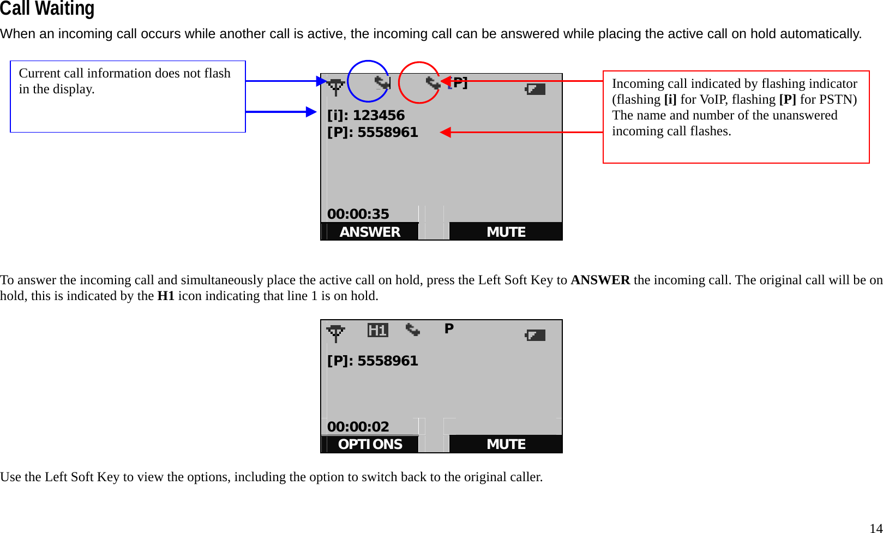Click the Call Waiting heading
[x=47, y=9]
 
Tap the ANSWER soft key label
[x=370, y=232]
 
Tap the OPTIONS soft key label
[x=370, y=444]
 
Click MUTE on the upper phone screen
[x=506, y=232]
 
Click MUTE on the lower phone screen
[x=506, y=444]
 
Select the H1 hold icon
[x=377, y=330]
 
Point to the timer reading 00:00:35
[x=358, y=214]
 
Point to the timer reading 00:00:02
[x=358, y=427]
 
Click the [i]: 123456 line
[x=366, y=115]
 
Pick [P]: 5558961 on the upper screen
[x=373, y=132]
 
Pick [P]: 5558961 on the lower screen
[x=373, y=361]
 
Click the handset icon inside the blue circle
[x=382, y=83]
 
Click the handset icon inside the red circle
[x=433, y=83]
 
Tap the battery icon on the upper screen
[x=535, y=88]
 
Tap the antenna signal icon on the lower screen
[x=335, y=333]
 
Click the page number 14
[x=875, y=528]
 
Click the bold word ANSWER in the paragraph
[x=600, y=280]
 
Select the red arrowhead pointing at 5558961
[x=446, y=132]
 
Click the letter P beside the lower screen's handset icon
[x=449, y=328]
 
